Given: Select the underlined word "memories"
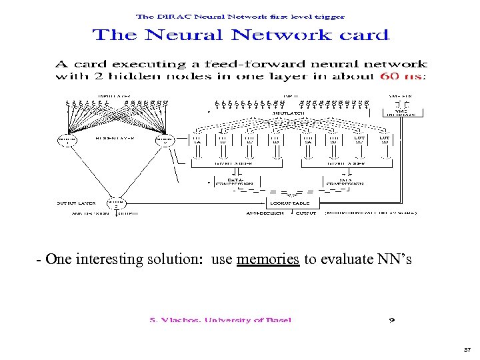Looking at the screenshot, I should click(x=267, y=260).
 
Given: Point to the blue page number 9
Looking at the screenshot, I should click(x=392, y=320).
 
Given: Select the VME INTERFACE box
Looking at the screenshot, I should click(x=401, y=113).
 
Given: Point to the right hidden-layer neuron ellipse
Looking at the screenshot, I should click(x=164, y=140).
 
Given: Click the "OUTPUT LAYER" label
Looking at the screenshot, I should click(x=75, y=202).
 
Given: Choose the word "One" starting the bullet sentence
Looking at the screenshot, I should click(x=57, y=260).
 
